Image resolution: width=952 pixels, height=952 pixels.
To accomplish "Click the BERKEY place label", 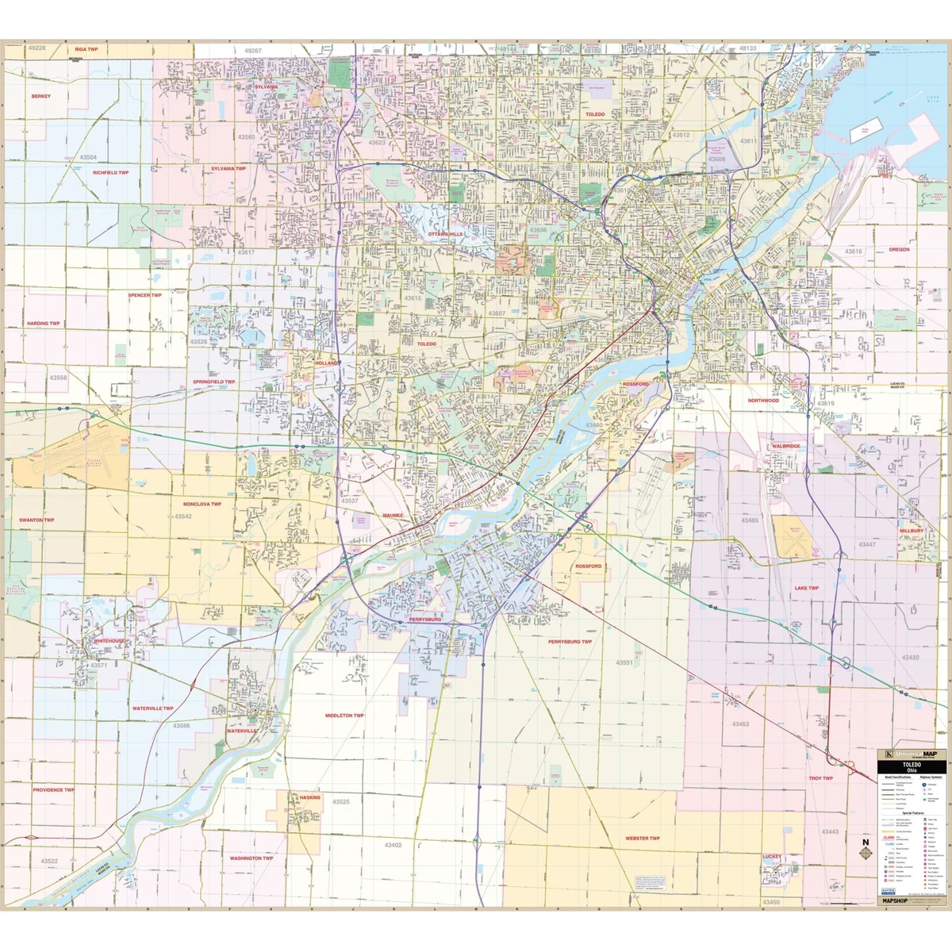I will [x=41, y=96].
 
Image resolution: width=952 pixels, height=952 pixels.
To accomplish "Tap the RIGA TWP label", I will [x=86, y=49].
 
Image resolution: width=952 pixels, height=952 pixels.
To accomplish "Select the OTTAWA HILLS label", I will [x=445, y=234].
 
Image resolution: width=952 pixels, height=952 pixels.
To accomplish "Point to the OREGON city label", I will [x=899, y=249].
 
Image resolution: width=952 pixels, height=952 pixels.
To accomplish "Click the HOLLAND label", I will [x=326, y=363].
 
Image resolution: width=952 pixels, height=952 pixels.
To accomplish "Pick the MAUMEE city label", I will [x=393, y=515].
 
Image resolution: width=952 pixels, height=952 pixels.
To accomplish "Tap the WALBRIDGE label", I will [x=786, y=446].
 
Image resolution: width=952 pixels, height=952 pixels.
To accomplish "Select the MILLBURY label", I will [x=912, y=530].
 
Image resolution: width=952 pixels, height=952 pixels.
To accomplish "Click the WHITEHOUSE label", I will [x=109, y=640].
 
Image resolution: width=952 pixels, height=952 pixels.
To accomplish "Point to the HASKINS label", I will [x=310, y=797].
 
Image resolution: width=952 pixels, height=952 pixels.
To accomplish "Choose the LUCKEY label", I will [x=772, y=856].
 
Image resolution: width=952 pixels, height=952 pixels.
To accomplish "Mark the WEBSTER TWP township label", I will [x=642, y=838].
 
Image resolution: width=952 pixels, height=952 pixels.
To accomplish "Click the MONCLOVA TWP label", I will [x=202, y=504].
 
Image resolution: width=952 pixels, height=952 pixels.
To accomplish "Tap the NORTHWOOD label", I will [x=763, y=401].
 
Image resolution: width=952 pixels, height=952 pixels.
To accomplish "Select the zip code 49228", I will [x=36, y=48].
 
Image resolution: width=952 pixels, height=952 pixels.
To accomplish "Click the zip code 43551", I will [x=624, y=662].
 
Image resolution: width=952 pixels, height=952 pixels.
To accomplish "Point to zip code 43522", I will [x=49, y=861].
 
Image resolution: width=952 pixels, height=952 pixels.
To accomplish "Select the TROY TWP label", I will [x=820, y=778].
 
